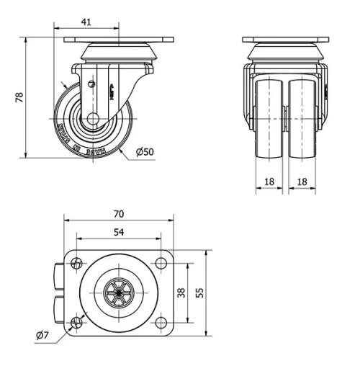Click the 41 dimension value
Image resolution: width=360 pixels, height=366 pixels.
[x=86, y=22]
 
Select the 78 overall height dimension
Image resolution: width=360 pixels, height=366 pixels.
[x=19, y=97]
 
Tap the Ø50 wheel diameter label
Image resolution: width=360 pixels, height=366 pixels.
[x=145, y=151]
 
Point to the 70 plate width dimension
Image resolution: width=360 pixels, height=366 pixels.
[x=119, y=213]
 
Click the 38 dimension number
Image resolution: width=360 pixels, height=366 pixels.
[x=181, y=293]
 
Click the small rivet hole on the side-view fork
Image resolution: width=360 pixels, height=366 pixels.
[x=91, y=84]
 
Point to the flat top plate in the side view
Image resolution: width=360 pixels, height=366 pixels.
[x=119, y=40]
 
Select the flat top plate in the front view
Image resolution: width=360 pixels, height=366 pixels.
[x=286, y=40]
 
